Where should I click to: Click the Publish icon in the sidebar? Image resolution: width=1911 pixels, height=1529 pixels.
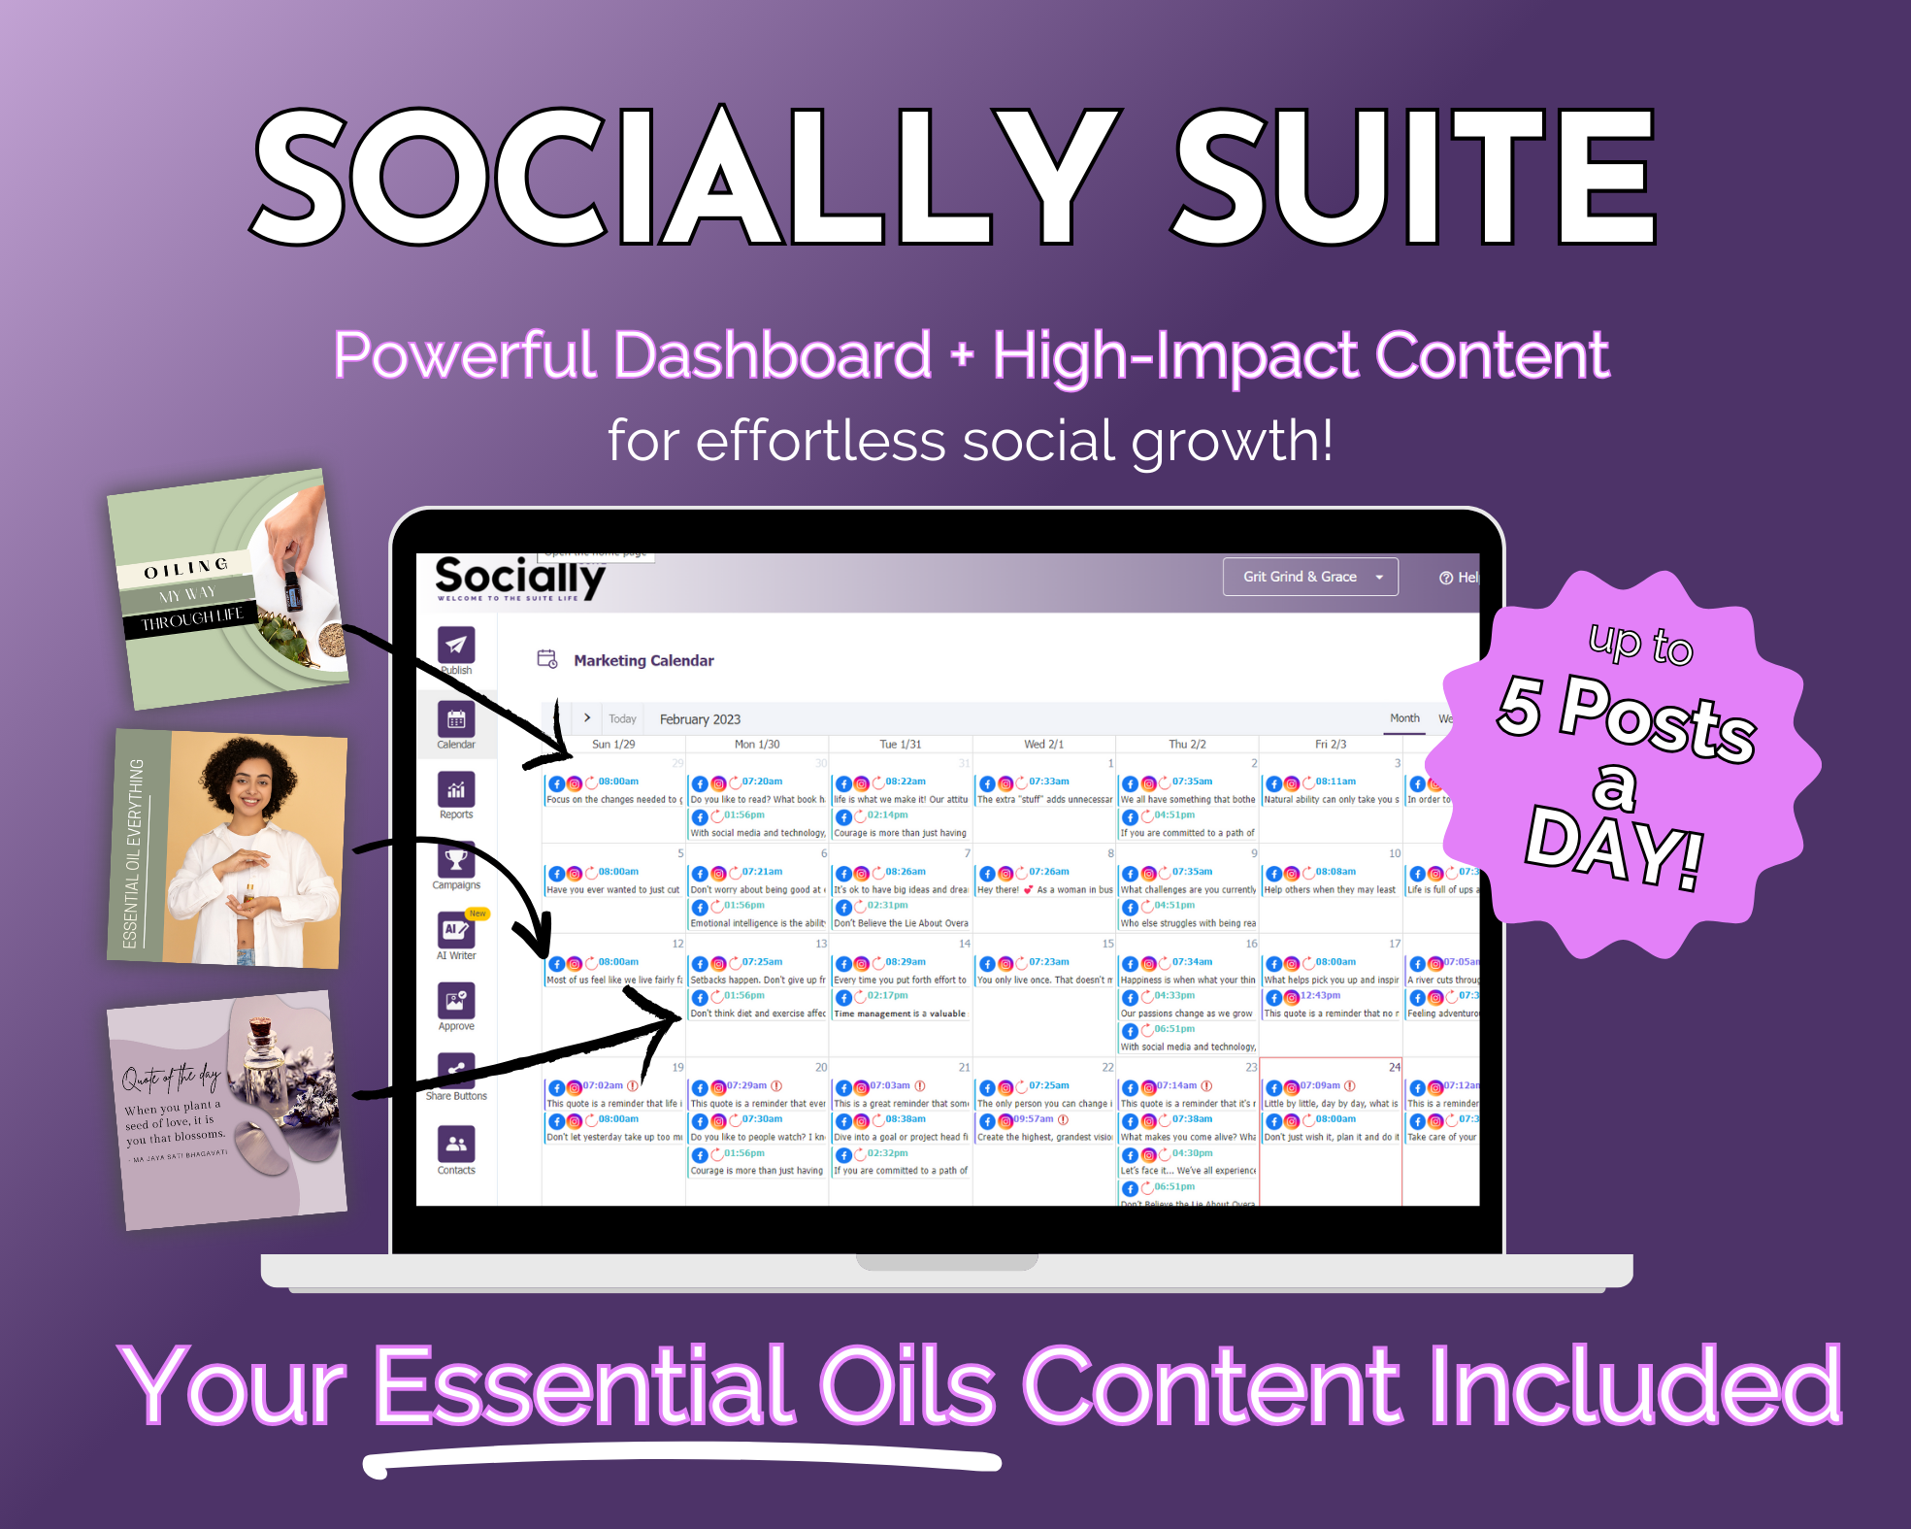click(456, 645)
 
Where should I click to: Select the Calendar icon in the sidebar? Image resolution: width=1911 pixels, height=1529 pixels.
click(456, 719)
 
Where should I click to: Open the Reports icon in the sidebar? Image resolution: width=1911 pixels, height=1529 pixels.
click(456, 790)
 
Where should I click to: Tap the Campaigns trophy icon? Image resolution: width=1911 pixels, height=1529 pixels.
click(456, 860)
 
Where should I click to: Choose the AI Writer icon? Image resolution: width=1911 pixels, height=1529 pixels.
click(455, 930)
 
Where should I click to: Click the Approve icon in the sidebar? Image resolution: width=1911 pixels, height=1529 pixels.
click(456, 1001)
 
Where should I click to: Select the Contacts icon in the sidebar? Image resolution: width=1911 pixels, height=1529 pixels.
click(456, 1145)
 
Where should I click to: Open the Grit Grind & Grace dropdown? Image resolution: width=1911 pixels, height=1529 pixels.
click(1310, 577)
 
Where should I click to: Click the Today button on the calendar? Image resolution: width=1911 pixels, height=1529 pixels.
click(622, 719)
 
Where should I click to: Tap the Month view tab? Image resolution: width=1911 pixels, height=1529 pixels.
click(1404, 718)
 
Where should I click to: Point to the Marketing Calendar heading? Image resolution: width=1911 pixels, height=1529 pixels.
click(643, 660)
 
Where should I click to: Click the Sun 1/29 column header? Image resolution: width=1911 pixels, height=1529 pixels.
click(613, 745)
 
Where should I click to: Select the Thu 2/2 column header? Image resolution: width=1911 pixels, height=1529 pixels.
click(1187, 745)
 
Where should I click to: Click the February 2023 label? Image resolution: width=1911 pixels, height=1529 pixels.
click(700, 719)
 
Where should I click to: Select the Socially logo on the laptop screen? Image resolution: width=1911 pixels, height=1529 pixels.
click(519, 578)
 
